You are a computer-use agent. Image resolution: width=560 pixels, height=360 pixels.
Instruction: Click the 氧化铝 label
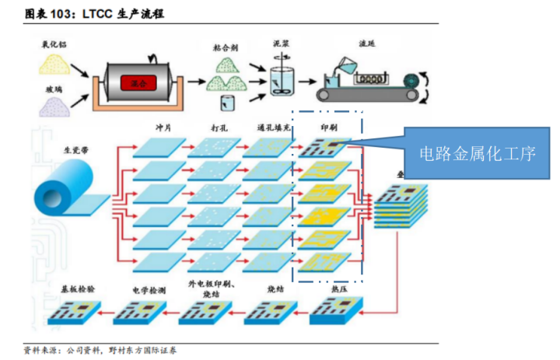[55, 44]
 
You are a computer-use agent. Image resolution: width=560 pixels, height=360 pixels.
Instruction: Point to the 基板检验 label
[78, 288]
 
